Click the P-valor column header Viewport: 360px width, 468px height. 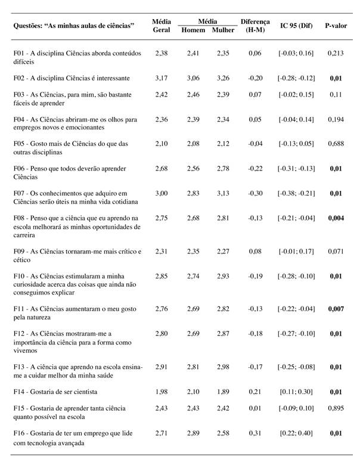(x=336, y=26)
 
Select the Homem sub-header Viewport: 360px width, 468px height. (x=193, y=30)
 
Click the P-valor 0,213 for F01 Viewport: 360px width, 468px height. (x=336, y=53)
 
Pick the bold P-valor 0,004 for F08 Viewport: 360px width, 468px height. (x=336, y=219)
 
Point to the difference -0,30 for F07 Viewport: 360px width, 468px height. (x=255, y=193)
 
